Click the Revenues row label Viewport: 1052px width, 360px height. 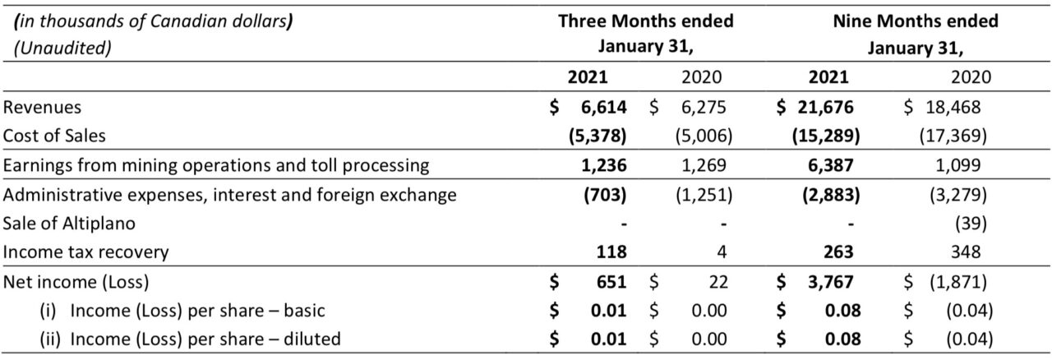[42, 107]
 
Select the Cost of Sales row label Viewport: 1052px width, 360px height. [54, 136]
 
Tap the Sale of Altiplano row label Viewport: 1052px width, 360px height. [69, 224]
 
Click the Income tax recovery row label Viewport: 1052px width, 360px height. [85, 252]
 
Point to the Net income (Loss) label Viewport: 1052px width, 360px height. [76, 282]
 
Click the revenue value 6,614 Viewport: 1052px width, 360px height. [603, 107]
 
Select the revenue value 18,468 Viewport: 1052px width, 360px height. [953, 107]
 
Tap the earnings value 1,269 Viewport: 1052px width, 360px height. [704, 165]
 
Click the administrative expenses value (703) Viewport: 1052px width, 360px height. [605, 195]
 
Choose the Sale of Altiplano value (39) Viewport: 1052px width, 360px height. [971, 224]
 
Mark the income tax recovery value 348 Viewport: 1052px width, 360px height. [966, 252]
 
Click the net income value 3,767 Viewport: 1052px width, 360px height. [831, 282]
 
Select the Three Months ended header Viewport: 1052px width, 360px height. [646, 21]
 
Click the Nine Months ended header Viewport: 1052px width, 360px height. [916, 21]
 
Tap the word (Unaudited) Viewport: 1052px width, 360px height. [62, 48]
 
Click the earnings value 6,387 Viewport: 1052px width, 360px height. [831, 165]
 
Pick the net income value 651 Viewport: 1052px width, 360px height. [611, 282]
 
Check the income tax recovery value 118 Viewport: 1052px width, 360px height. [611, 252]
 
